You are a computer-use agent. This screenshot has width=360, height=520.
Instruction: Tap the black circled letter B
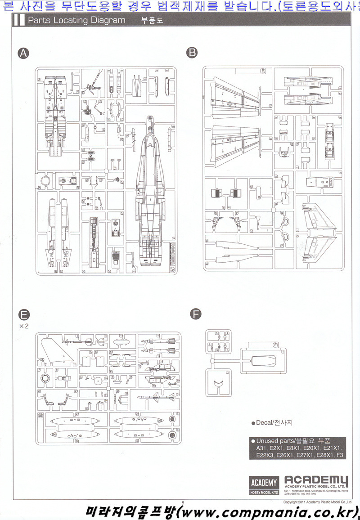(x=192, y=53)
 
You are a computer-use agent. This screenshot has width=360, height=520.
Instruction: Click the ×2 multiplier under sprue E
(x=23, y=327)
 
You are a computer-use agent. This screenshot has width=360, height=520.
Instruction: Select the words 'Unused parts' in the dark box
(x=276, y=441)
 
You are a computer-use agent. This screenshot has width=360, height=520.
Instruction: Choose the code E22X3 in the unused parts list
(x=266, y=455)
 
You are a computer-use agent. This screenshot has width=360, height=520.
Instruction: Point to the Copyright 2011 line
(x=317, y=501)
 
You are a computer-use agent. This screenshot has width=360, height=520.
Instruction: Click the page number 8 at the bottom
(x=183, y=502)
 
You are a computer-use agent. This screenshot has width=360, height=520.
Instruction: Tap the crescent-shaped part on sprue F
(x=218, y=383)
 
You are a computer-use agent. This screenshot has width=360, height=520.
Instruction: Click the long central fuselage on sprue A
(x=149, y=193)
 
